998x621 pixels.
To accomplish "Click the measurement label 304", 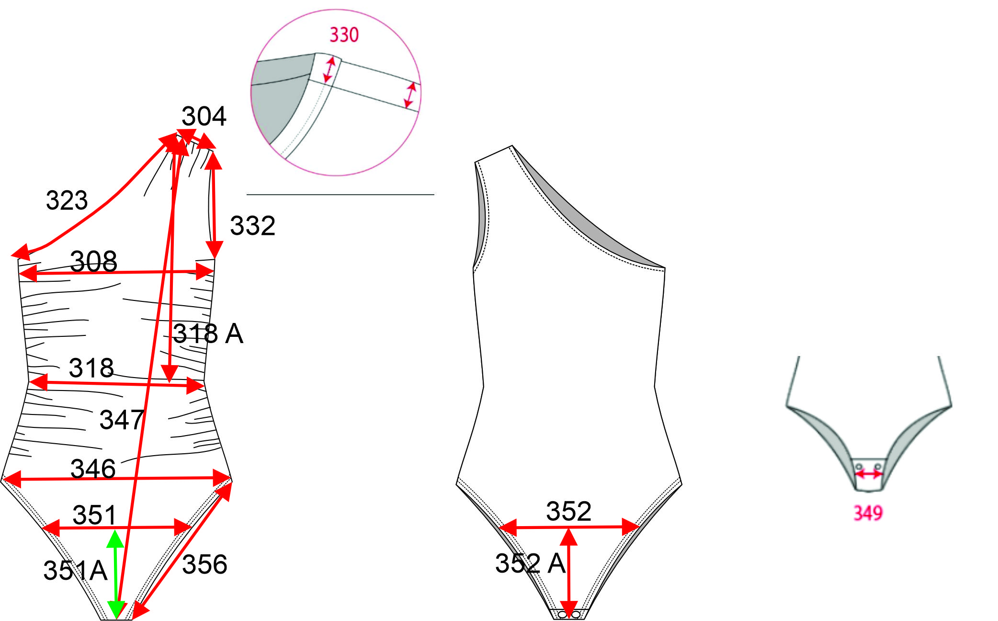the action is coord(204,116).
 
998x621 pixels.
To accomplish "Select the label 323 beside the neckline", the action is coord(67,200).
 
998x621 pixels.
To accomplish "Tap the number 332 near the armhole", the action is coord(252,226).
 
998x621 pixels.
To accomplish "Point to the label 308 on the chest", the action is coord(93,262).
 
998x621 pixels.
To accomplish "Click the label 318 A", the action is coord(208,333).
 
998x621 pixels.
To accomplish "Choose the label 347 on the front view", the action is coord(122,420).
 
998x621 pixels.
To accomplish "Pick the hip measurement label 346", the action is coord(93,469).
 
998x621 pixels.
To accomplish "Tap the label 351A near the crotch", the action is coord(75,571).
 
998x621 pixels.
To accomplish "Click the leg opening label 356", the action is coord(204,564).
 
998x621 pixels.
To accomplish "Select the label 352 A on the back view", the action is coord(531,563).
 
